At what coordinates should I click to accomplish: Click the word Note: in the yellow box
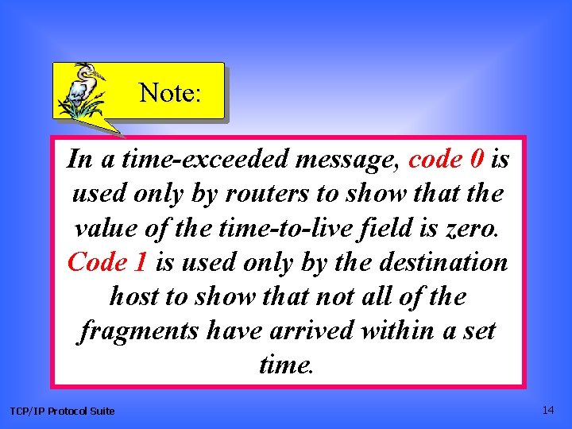click(x=170, y=93)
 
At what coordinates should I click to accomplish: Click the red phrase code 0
click(x=447, y=160)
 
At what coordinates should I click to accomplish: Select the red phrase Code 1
click(x=109, y=261)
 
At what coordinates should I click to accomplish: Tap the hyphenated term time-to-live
click(x=260, y=228)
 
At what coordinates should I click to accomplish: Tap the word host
click(x=133, y=296)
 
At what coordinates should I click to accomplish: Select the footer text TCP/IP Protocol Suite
click(x=62, y=411)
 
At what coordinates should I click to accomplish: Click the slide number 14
click(x=548, y=410)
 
